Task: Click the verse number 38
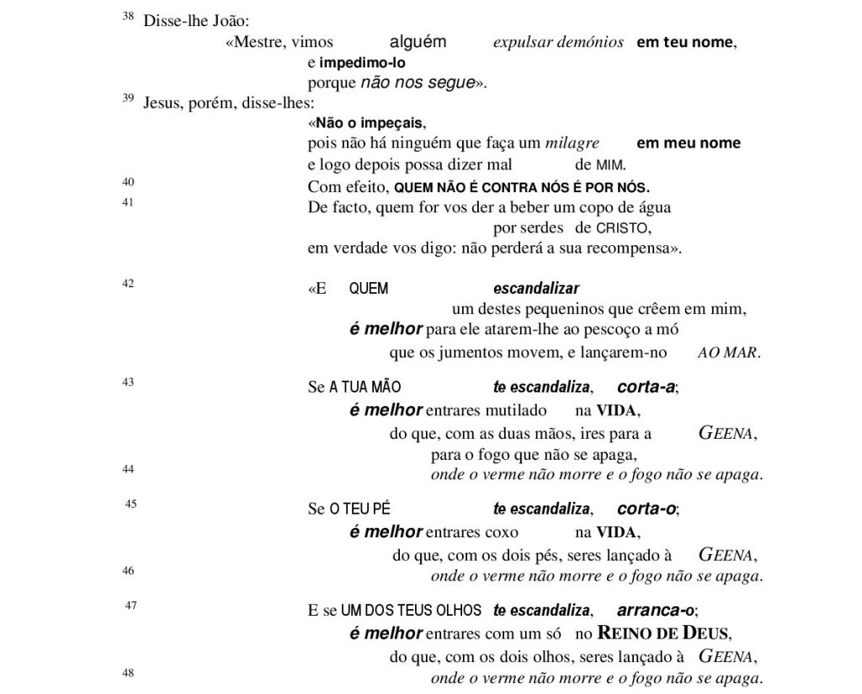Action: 129,16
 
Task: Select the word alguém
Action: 418,42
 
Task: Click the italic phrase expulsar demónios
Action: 558,42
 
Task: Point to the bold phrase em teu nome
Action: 684,42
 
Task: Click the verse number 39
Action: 129,99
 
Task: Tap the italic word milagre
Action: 572,143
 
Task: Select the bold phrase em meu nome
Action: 689,143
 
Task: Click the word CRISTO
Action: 624,228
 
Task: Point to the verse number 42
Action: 129,284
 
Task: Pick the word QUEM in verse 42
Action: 369,289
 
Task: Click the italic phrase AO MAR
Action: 728,353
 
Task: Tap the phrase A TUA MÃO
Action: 364,388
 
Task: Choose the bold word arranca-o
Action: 657,610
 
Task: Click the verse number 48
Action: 129,673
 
